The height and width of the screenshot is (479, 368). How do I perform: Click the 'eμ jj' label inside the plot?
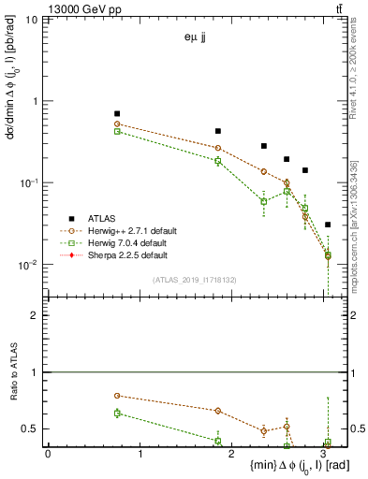tap(196, 38)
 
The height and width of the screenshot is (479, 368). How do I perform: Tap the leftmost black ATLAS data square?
tap(117, 113)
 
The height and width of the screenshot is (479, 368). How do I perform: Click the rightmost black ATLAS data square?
tap(327, 225)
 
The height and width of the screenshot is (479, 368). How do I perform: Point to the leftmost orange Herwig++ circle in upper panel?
tap(117, 123)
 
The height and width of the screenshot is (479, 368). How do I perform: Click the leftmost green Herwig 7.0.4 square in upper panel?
tap(117, 131)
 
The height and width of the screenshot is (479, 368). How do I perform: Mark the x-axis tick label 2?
tap(233, 455)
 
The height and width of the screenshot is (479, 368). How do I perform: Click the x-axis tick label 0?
tap(48, 455)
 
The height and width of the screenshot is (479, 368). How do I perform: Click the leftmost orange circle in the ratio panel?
tap(117, 396)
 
